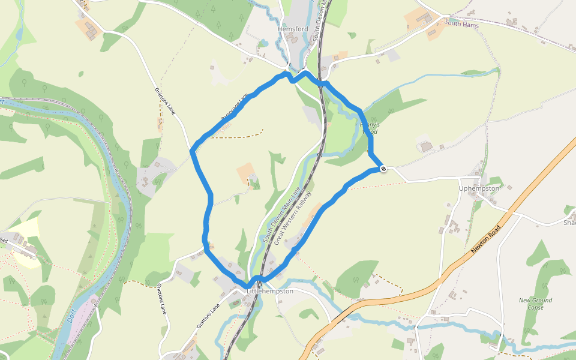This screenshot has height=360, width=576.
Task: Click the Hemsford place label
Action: pyautogui.click(x=293, y=29)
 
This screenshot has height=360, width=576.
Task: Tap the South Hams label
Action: pyautogui.click(x=461, y=23)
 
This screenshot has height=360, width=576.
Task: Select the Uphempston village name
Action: pyautogui.click(x=479, y=188)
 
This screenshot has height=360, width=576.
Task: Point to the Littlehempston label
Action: pyautogui.click(x=270, y=291)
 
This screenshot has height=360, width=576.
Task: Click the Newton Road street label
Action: pyautogui.click(x=486, y=239)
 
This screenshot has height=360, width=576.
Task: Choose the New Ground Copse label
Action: pyautogui.click(x=535, y=304)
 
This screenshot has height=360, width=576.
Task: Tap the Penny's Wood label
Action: pyautogui.click(x=369, y=127)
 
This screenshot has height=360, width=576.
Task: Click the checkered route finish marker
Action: pyautogui.click(x=383, y=169)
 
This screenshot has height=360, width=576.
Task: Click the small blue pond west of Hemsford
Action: pyautogui.click(x=262, y=43)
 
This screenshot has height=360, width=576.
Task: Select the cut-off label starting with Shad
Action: pyautogui.click(x=569, y=223)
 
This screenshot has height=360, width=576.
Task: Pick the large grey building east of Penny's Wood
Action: pyautogui.click(x=425, y=146)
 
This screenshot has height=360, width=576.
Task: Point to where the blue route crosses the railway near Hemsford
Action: pyautogui.click(x=320, y=83)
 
